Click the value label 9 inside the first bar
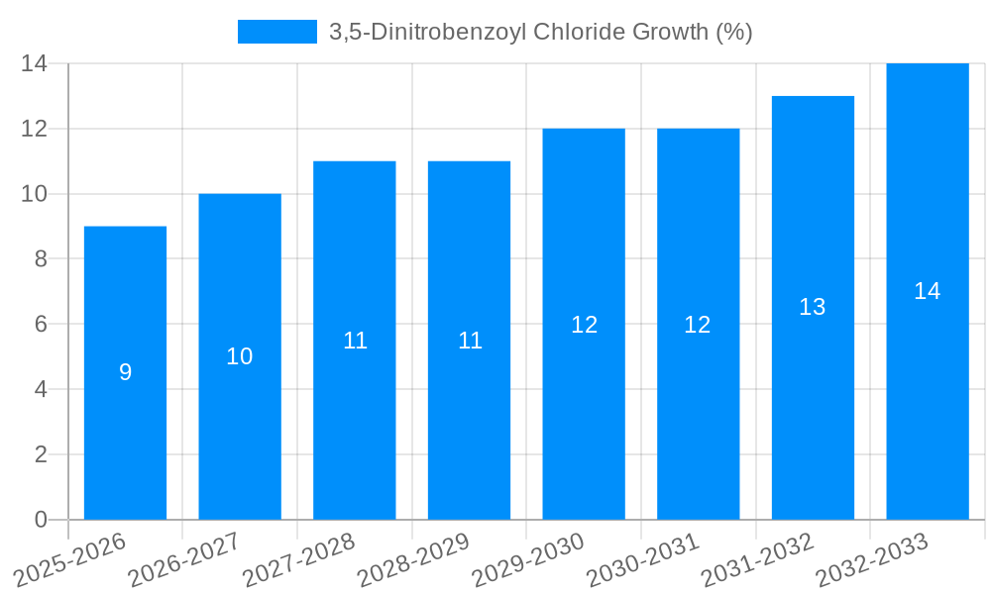(125, 373)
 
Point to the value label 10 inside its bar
(240, 356)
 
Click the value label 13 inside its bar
(813, 307)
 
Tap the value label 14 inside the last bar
(927, 291)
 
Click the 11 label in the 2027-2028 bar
(355, 341)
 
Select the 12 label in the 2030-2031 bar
(698, 325)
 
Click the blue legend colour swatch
(277, 32)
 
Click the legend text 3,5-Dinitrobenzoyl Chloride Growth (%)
(541, 32)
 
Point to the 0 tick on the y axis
(41, 520)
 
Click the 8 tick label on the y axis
(41, 259)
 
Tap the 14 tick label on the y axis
(35, 63)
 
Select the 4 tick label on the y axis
(41, 389)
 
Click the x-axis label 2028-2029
(413, 559)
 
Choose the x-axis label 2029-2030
(528, 559)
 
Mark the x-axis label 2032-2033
(872, 559)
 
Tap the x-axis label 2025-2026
(70, 559)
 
